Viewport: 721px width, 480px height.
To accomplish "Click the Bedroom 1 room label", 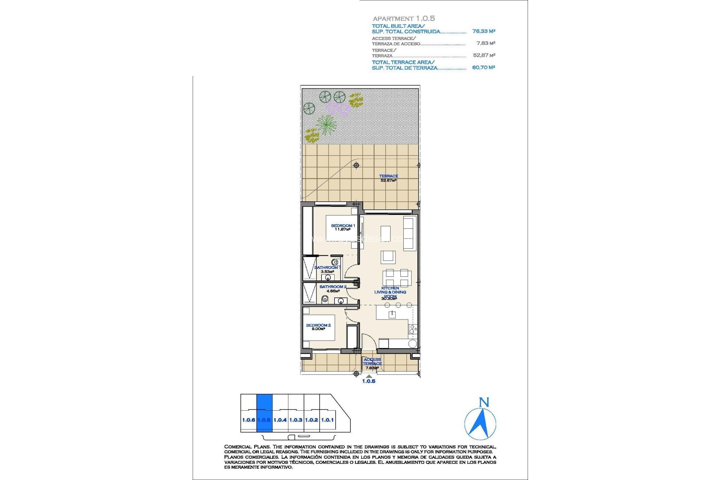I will [x=342, y=226].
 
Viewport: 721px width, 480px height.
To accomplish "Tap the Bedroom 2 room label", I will [x=318, y=325].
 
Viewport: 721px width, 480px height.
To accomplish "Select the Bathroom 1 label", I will [x=327, y=267].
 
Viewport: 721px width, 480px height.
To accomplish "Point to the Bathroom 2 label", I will [x=333, y=286].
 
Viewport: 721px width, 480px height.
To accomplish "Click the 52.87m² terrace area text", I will [x=388, y=180].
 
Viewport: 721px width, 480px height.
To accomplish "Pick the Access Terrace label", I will [x=372, y=361].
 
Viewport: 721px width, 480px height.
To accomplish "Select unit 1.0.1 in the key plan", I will [x=327, y=420].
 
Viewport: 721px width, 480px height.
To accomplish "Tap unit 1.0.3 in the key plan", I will [x=296, y=420].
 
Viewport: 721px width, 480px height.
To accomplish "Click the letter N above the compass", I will [x=484, y=402].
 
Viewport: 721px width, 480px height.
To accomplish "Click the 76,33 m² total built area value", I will [x=484, y=31].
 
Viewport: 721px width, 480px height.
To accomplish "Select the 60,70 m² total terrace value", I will [x=484, y=67].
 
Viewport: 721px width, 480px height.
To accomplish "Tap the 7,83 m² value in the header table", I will [x=486, y=43].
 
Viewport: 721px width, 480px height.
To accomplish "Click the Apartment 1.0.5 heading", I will [x=404, y=18].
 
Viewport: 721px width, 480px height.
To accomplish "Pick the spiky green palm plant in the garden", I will [x=326, y=124].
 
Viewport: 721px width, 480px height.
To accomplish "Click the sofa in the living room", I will [x=408, y=233].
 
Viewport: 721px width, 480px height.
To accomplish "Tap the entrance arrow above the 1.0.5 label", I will [x=369, y=376].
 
